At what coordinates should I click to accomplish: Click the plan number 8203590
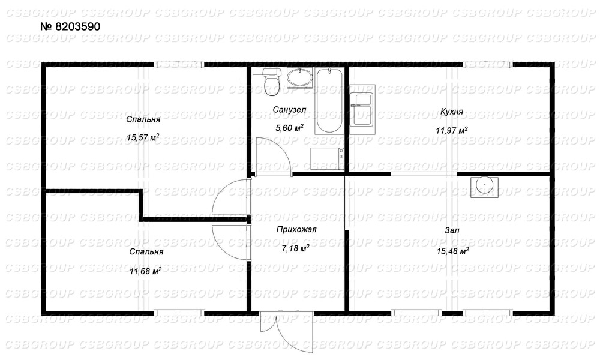[x=70, y=26]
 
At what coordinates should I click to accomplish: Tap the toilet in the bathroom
[x=272, y=81]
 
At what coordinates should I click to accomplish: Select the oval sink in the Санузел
[x=299, y=77]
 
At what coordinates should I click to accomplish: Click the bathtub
[x=329, y=101]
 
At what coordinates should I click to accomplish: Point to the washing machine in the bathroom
[x=327, y=158]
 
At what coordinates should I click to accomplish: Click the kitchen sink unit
[x=362, y=109]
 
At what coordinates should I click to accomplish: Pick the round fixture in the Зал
[x=484, y=187]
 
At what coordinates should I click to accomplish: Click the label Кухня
[x=452, y=112]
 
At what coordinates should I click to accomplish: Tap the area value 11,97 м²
[x=452, y=130]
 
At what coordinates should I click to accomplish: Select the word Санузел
[x=289, y=110]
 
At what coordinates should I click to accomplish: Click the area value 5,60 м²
[x=289, y=128]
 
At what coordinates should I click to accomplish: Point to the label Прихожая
[x=296, y=230]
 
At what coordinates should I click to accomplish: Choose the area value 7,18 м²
[x=295, y=248]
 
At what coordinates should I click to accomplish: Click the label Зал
[x=452, y=230]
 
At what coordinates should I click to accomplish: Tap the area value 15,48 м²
[x=452, y=251]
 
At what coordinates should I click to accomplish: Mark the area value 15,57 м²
[x=143, y=137]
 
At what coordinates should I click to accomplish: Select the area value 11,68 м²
[x=145, y=271]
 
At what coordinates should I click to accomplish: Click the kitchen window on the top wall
[x=487, y=64]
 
